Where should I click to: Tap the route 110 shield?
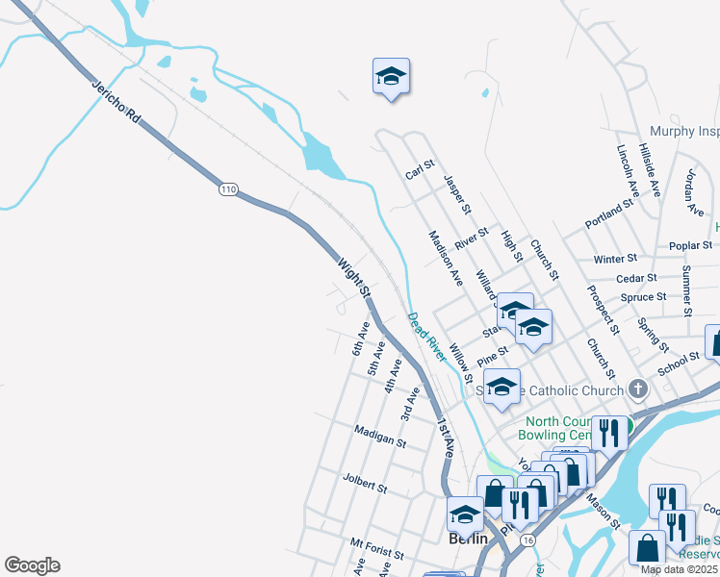[227, 188]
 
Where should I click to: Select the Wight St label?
[354, 276]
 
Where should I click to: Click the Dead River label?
[425, 337]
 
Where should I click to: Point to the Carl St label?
[421, 170]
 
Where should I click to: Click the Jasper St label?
[457, 194]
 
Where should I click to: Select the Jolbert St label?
[364, 482]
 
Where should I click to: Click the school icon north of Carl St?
[391, 77]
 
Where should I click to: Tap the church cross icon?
[638, 389]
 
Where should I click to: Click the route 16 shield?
[527, 541]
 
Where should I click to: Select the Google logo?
[32, 565]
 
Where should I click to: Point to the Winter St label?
[615, 259]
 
